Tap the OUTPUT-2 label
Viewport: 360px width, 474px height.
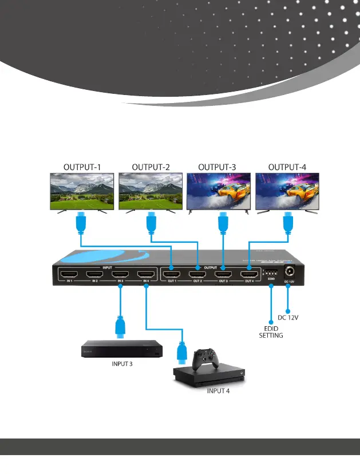click(x=151, y=167)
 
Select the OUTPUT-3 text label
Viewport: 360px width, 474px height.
click(x=217, y=167)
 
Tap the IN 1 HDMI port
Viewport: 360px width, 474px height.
click(x=69, y=274)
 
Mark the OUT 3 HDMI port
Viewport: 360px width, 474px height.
click(x=223, y=274)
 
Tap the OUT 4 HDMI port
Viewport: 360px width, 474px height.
click(x=249, y=274)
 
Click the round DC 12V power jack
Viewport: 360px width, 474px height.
click(x=288, y=274)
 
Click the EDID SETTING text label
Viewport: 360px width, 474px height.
click(x=271, y=332)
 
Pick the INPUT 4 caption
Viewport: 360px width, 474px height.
click(x=218, y=392)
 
